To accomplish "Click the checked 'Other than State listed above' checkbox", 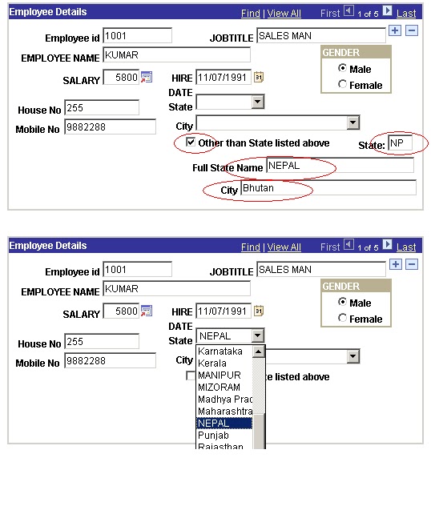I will pyautogui.click(x=191, y=143).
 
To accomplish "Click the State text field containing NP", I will pyautogui.click(x=401, y=143).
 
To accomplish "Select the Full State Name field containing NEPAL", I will pyautogui.click(x=339, y=166).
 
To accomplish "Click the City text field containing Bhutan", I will pyautogui.click(x=328, y=188).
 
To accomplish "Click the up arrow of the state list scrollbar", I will pyautogui.click(x=258, y=351).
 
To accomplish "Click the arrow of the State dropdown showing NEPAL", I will pyautogui.click(x=257, y=336).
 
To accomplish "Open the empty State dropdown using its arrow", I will pyautogui.click(x=257, y=102).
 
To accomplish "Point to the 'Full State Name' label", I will pyautogui.click(x=228, y=168).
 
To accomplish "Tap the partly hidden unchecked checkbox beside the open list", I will pyautogui.click(x=191, y=375).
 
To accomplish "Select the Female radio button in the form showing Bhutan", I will pyautogui.click(x=343, y=85).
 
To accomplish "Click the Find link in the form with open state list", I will pyautogui.click(x=251, y=247).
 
